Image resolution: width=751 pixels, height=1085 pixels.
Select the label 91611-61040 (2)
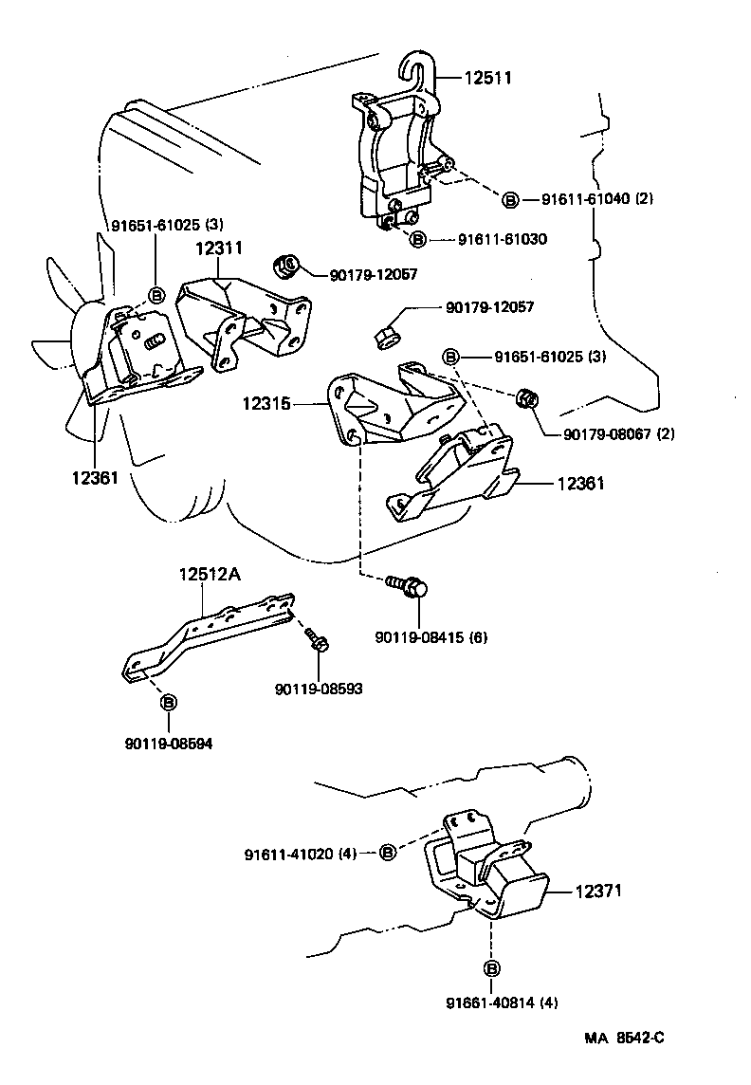(597, 199)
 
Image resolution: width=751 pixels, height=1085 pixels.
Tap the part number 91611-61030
(503, 240)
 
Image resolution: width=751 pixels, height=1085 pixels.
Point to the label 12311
(219, 248)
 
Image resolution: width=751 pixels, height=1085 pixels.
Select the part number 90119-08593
(320, 688)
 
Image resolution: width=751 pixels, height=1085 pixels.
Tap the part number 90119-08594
(169, 744)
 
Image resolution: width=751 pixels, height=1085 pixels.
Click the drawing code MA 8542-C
(623, 1038)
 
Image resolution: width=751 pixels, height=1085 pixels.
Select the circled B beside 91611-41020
(388, 854)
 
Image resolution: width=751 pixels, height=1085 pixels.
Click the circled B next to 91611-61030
(418, 240)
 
